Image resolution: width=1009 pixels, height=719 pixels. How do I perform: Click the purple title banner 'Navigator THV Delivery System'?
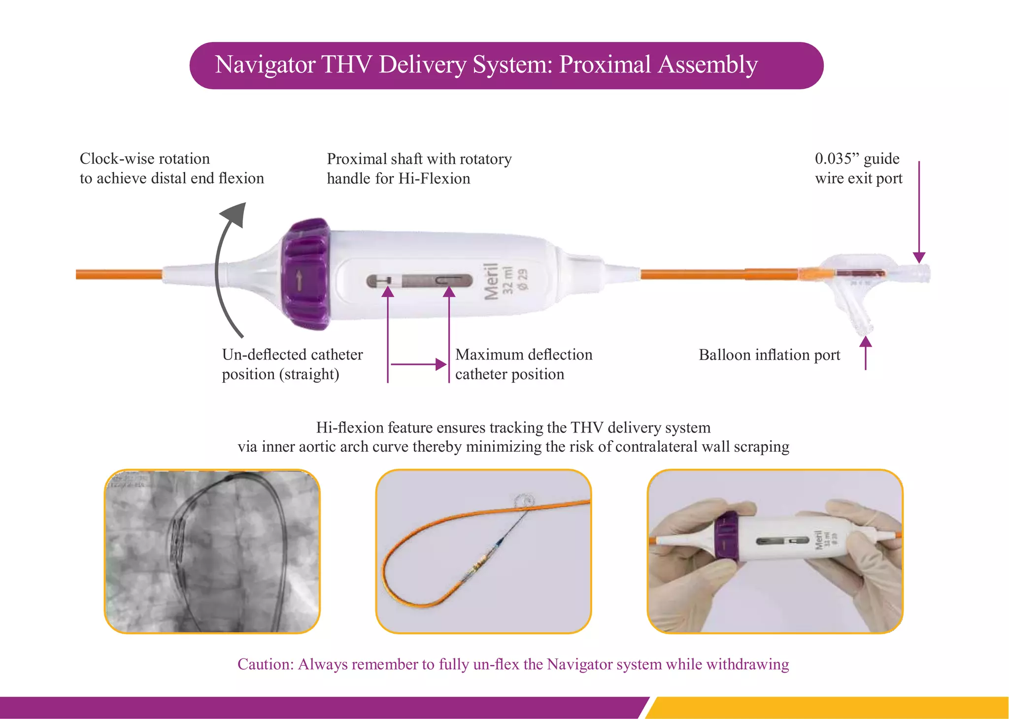point(506,66)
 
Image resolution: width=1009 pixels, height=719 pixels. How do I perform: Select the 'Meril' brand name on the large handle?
point(491,281)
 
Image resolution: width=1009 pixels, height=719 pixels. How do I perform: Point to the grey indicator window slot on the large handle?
point(419,281)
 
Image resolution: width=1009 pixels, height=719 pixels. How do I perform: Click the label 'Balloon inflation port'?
point(769,355)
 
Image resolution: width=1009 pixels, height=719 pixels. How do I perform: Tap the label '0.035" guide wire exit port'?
point(858,169)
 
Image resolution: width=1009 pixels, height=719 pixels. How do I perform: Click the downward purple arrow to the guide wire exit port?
point(919,212)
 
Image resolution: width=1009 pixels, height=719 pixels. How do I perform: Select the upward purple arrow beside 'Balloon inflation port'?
point(866,353)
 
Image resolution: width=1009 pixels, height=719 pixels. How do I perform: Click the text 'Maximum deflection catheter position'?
point(523,364)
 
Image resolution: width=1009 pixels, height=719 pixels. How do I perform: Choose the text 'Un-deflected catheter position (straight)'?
point(292,364)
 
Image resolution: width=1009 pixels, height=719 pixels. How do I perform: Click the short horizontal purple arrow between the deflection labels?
point(418,364)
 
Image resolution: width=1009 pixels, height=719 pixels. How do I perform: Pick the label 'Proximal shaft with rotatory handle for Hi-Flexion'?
point(419,169)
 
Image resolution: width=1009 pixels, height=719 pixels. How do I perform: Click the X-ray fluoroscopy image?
point(212,551)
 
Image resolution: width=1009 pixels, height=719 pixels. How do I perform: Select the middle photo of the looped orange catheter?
point(483,551)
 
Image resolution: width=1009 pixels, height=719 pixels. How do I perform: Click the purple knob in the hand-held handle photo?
point(726,537)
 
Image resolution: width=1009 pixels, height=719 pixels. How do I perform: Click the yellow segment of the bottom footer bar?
point(828,707)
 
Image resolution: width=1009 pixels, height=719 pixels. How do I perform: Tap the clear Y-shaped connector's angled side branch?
point(857,316)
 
